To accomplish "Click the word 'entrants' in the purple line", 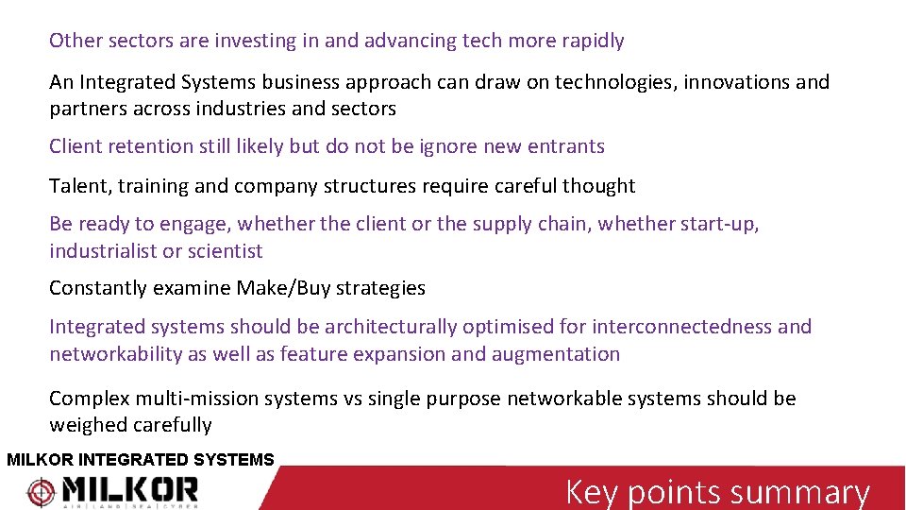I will pos(569,146).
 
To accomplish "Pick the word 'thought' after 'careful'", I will pos(599,186).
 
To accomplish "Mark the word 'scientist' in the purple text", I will pos(225,251).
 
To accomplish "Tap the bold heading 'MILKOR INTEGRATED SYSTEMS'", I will pos(140,460).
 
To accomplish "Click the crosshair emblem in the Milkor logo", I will pos(41,491).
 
